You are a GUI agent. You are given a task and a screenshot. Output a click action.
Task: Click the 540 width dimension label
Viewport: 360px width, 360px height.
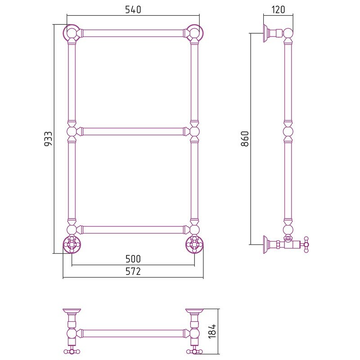pos(133,9)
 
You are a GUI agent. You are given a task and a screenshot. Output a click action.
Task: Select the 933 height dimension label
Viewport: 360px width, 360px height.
pos(48,139)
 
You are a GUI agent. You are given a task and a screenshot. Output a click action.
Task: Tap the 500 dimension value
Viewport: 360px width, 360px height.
pos(133,259)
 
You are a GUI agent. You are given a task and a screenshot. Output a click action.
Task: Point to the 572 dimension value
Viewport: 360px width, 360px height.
pos(133,271)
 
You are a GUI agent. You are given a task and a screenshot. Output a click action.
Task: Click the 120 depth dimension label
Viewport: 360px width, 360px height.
pos(278,9)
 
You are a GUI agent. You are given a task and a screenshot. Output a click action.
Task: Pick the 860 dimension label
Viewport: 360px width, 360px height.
pos(245,139)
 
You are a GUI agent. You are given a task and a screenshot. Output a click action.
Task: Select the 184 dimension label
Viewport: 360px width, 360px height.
pos(212,331)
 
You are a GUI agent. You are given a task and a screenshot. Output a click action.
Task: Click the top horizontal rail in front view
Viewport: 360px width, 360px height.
pos(133,33)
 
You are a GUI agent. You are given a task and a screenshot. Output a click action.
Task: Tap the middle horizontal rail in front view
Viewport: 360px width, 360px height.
pos(133,131)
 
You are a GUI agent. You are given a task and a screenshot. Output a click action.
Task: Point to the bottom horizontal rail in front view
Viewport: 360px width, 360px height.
pos(133,229)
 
